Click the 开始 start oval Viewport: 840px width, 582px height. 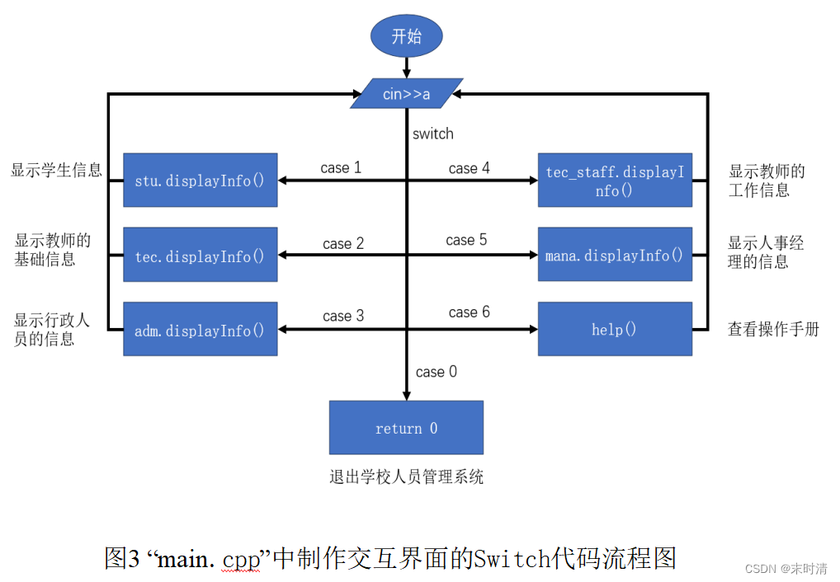pyautogui.click(x=406, y=36)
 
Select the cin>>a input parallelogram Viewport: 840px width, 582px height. pyautogui.click(x=406, y=94)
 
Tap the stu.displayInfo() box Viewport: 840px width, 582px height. pyautogui.click(x=200, y=180)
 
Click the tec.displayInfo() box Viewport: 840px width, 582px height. pyautogui.click(x=200, y=256)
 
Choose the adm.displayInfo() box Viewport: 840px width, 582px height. pyautogui.click(x=200, y=330)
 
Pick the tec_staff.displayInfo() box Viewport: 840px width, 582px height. pyautogui.click(x=615, y=180)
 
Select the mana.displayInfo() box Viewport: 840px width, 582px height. pyautogui.click(x=615, y=256)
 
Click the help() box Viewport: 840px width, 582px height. pyautogui.click(x=615, y=330)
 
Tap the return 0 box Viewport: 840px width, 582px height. pyautogui.click(x=406, y=428)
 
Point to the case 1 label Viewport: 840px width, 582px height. pyautogui.click(x=341, y=168)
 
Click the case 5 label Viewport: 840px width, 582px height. pyautogui.click(x=466, y=240)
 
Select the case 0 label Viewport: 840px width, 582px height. pyautogui.click(x=437, y=372)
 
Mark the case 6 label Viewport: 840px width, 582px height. pyautogui.click(x=469, y=312)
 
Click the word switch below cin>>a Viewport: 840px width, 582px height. pyautogui.click(x=433, y=134)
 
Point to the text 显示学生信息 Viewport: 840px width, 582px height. pyautogui.click(x=56, y=171)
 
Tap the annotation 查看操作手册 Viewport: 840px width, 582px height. pyautogui.click(x=773, y=329)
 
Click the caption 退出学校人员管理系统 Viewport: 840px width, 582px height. pyautogui.click(x=406, y=476)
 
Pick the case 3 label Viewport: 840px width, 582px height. pyautogui.click(x=343, y=316)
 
